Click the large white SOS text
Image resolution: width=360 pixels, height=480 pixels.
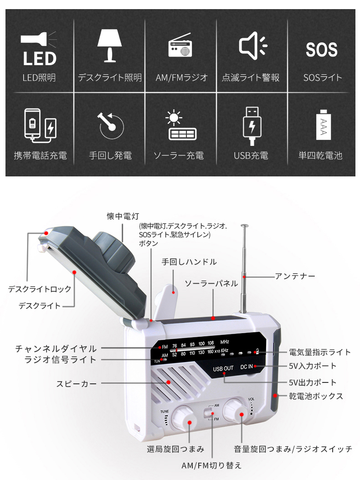[x=322, y=50]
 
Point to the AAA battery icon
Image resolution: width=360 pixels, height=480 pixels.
[x=323, y=125]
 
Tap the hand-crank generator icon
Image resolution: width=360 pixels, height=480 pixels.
[x=111, y=125]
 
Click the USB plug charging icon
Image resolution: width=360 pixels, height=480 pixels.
[x=252, y=126]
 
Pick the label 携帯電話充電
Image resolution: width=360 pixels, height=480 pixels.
[x=40, y=156]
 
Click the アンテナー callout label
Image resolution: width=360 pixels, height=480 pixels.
[x=295, y=276]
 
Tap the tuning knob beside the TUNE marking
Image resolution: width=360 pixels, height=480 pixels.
[x=183, y=418]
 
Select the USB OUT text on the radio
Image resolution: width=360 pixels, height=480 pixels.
[x=223, y=369]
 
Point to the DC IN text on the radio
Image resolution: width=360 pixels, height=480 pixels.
[x=247, y=367]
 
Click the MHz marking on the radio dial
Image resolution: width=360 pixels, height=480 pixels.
[x=224, y=342]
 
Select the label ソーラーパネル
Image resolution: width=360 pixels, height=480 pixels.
[x=211, y=284]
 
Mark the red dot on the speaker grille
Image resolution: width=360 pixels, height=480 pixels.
[x=168, y=382]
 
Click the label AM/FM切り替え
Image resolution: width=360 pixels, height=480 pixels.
[x=211, y=465]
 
